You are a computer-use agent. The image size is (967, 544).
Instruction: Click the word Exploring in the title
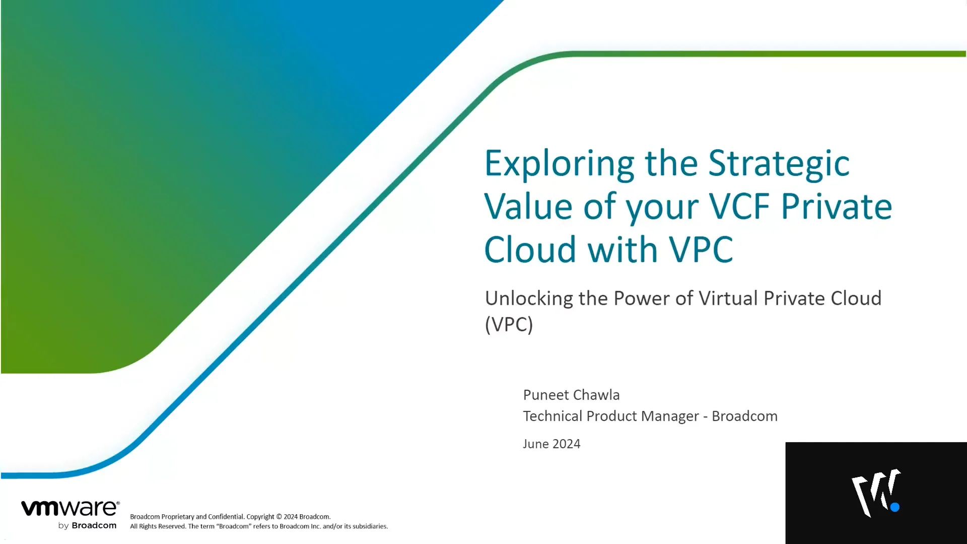(559, 164)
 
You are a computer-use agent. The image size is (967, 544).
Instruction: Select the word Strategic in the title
(779, 164)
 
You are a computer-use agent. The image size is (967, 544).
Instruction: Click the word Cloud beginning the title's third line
(530, 250)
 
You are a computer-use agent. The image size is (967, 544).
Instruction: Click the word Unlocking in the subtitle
(528, 299)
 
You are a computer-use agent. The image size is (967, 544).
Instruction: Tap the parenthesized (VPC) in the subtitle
(509, 324)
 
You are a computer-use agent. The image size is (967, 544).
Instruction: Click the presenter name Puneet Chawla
(571, 395)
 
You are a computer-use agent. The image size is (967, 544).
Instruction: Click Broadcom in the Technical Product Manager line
(744, 417)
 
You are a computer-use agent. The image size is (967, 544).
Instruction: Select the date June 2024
(551, 444)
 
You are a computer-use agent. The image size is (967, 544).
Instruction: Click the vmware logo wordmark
(70, 508)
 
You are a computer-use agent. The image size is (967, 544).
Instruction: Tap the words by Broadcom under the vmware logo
(87, 526)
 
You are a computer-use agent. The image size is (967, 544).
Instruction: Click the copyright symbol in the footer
(279, 517)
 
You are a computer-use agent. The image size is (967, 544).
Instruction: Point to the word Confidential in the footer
(226, 517)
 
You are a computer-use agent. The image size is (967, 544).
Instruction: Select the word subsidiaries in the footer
(370, 526)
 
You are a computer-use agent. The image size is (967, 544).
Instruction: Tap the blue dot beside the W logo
(895, 507)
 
